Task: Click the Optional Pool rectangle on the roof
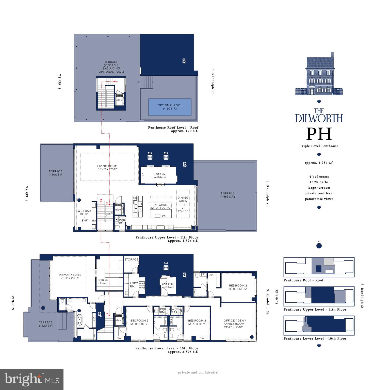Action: [x=170, y=107]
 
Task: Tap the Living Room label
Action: [x=107, y=168]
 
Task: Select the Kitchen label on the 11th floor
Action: [x=161, y=206]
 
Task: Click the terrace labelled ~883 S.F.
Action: [x=227, y=195]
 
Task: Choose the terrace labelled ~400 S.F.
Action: [x=56, y=173]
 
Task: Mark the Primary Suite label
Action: [x=70, y=276]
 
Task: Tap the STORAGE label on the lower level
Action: [x=131, y=259]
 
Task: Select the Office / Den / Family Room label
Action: [x=235, y=324]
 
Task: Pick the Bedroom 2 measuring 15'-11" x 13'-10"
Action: [x=238, y=287]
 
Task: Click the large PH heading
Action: [x=319, y=134]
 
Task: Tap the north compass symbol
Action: [x=319, y=246]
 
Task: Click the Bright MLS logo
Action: [x=32, y=379]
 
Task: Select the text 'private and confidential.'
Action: [x=199, y=372]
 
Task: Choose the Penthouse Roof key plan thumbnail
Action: [x=319, y=267]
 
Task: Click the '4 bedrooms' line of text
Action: [x=319, y=176]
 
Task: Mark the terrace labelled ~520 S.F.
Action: [x=46, y=324]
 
